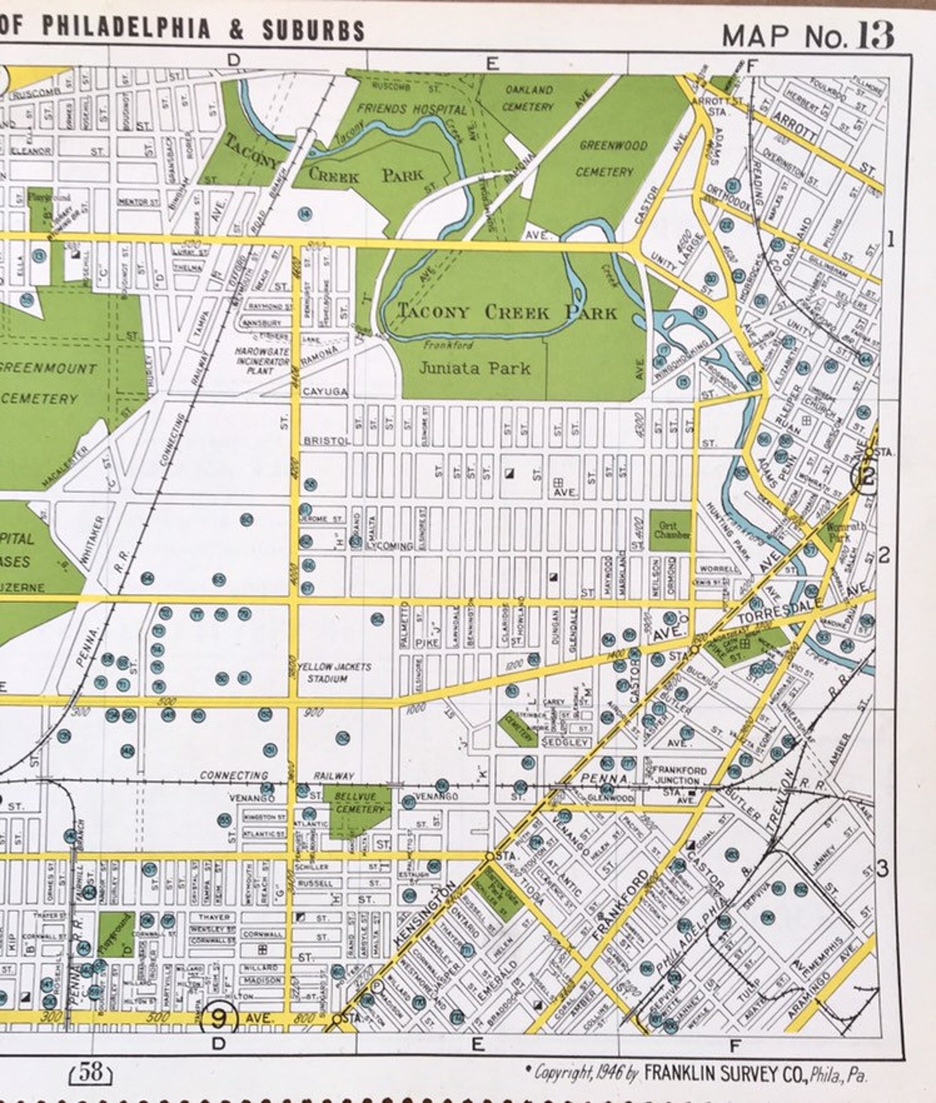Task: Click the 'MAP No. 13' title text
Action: [x=807, y=35]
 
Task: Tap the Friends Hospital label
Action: [x=411, y=109]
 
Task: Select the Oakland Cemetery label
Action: [x=529, y=98]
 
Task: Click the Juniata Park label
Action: [x=474, y=369]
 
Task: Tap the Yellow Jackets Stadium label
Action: [x=334, y=672]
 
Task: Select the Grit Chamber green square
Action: [x=670, y=530]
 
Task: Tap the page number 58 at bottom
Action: [x=92, y=1072]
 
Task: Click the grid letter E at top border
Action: [x=492, y=63]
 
